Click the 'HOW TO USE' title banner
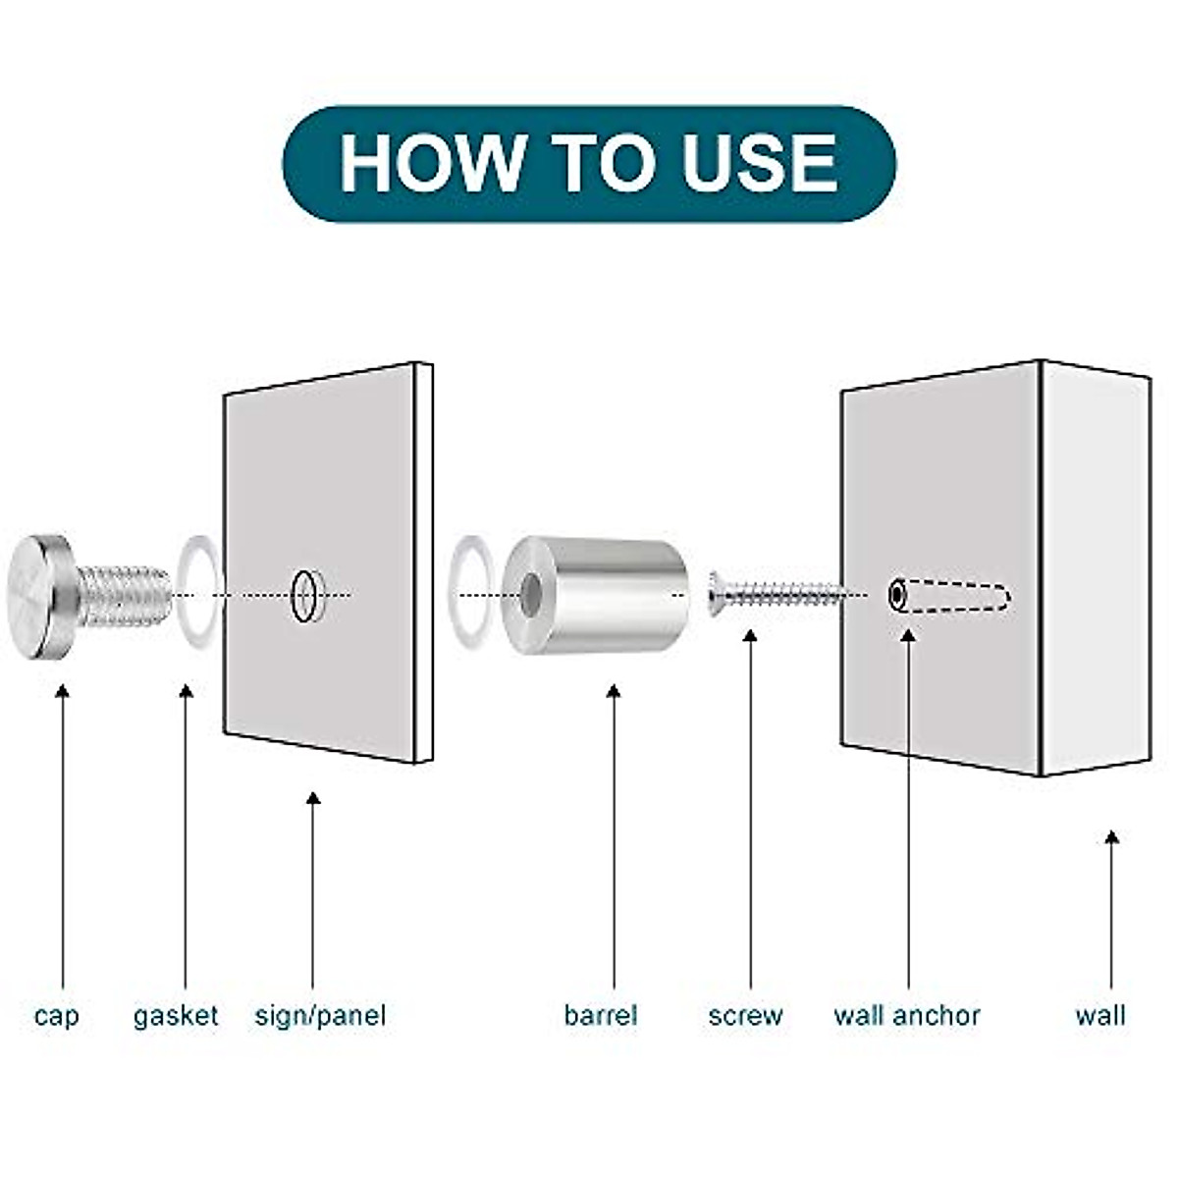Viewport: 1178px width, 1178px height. click(589, 163)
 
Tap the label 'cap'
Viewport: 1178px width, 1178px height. click(56, 1015)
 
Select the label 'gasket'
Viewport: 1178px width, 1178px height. click(176, 1015)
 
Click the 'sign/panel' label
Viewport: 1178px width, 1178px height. click(320, 1015)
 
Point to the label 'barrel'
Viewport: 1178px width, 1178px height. click(600, 1015)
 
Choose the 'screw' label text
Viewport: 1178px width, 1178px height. click(745, 1015)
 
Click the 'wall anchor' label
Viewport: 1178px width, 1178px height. click(907, 1015)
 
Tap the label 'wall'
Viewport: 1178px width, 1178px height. click(1099, 1015)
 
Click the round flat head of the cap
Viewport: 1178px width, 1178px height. click(37, 596)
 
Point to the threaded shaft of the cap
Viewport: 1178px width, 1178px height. click(123, 596)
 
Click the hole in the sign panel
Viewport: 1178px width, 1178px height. click(304, 596)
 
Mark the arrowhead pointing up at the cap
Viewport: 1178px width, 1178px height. click(64, 691)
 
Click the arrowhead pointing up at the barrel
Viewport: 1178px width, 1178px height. click(614, 691)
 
